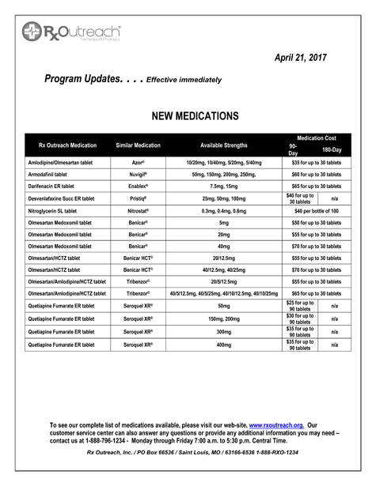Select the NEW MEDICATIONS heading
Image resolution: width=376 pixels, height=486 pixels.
(x=195, y=116)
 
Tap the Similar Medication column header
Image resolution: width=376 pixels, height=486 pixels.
(x=139, y=145)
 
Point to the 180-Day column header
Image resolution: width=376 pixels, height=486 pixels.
(x=332, y=149)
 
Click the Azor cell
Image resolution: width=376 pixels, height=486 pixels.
(x=139, y=162)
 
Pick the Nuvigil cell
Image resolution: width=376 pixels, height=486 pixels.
(x=139, y=174)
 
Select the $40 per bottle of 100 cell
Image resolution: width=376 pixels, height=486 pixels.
(x=316, y=211)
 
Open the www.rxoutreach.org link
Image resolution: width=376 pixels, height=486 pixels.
(x=276, y=425)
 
